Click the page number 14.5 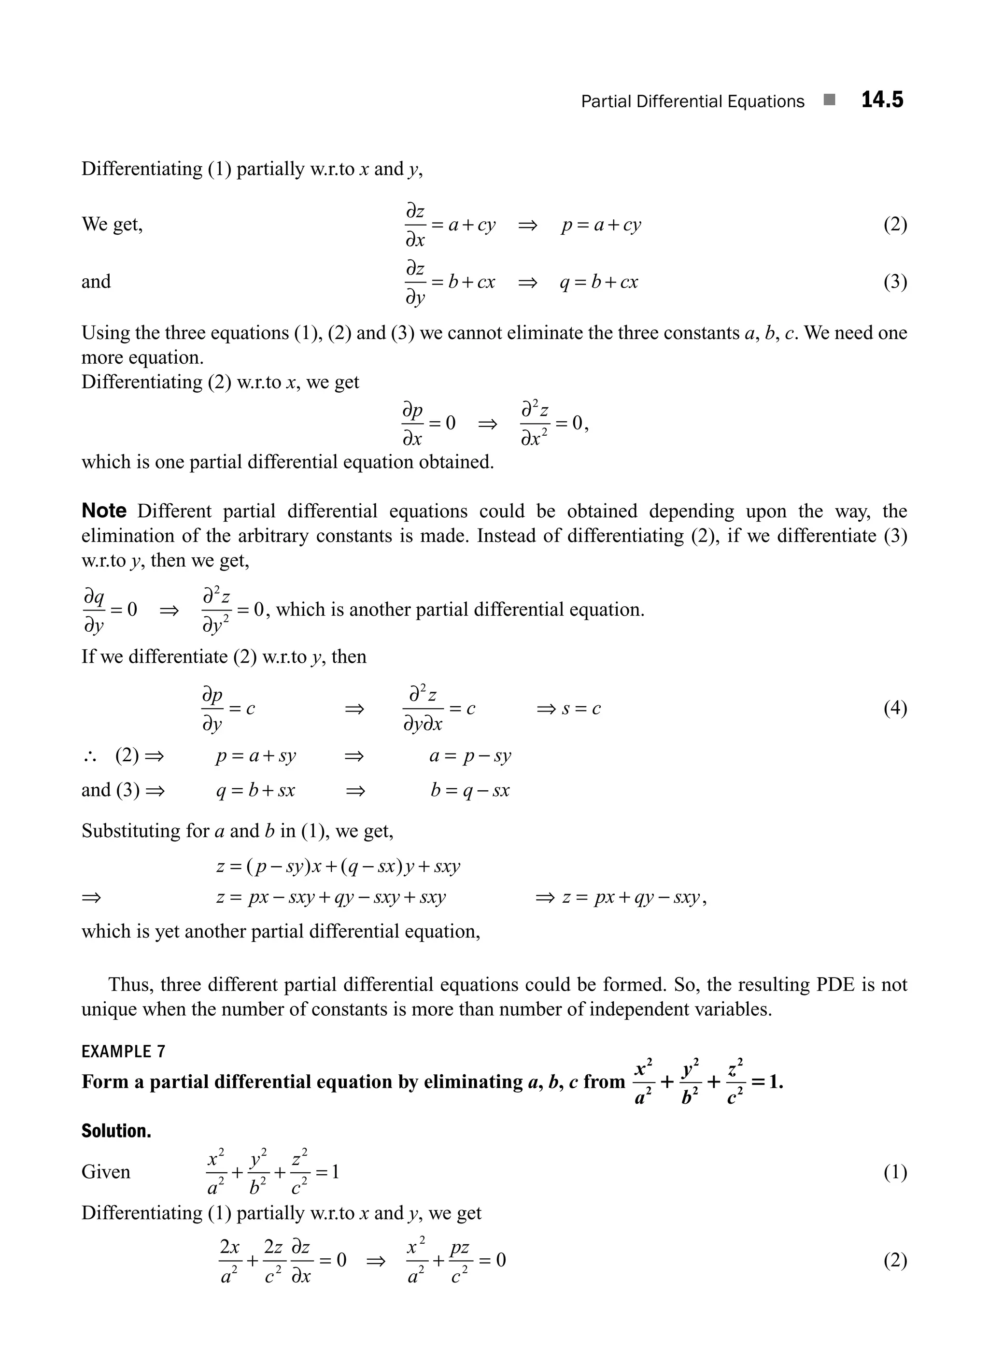click(882, 100)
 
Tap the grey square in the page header click(829, 100)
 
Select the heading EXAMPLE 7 click(123, 1051)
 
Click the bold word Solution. click(116, 1131)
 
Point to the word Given click(105, 1171)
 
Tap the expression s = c click(581, 709)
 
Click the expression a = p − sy click(470, 756)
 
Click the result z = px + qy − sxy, click(635, 897)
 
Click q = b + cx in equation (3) click(599, 282)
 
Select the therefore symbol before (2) click(90, 757)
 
